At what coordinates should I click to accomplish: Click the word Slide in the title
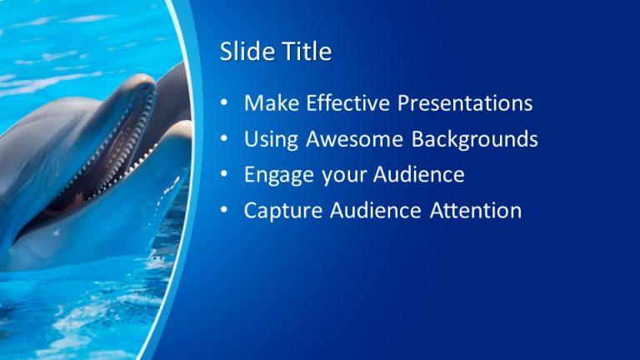click(x=242, y=52)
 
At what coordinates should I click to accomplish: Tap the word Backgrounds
click(x=474, y=139)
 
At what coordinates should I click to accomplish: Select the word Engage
click(x=276, y=176)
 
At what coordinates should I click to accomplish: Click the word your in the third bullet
click(x=337, y=176)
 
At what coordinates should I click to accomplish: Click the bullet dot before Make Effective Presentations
click(x=224, y=104)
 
